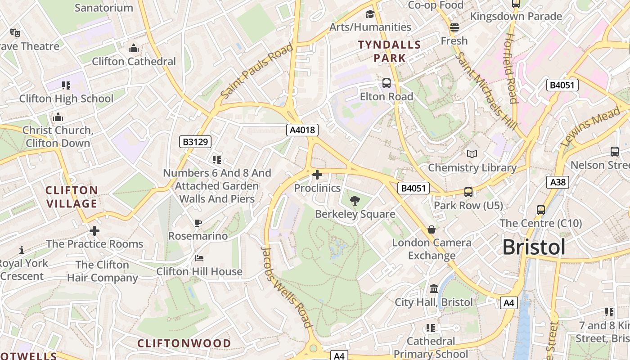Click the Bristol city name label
(x=534, y=247)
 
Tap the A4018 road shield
(x=303, y=130)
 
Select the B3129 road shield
(x=195, y=142)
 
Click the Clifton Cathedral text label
(x=134, y=62)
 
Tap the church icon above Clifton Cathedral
(x=134, y=48)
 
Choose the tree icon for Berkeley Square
(x=355, y=201)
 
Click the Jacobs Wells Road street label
(x=287, y=287)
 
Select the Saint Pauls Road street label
(x=257, y=71)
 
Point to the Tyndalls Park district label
(x=390, y=51)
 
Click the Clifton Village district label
(x=72, y=197)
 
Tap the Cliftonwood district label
(x=184, y=343)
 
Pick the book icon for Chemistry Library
(x=472, y=154)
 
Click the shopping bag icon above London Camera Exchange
(x=431, y=229)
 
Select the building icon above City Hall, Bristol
(x=434, y=288)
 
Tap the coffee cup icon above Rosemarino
(x=198, y=223)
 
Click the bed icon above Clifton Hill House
(x=199, y=258)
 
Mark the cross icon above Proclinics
(x=317, y=175)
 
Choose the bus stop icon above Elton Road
(x=386, y=83)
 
